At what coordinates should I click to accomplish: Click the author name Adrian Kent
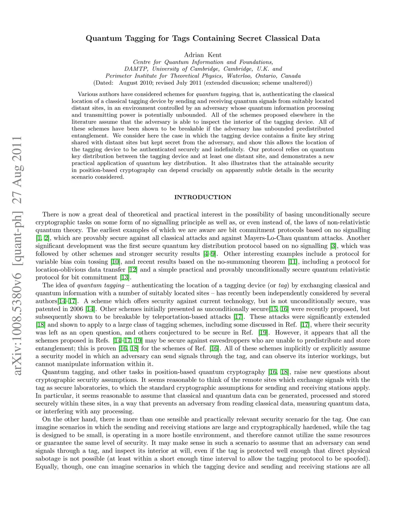[203, 55]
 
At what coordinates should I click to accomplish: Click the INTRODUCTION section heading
[203, 197]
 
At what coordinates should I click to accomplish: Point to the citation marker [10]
[115, 262]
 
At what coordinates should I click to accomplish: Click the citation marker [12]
[132, 269]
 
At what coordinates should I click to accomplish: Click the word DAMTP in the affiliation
[135, 69]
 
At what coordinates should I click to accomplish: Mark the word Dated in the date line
[104, 83]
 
